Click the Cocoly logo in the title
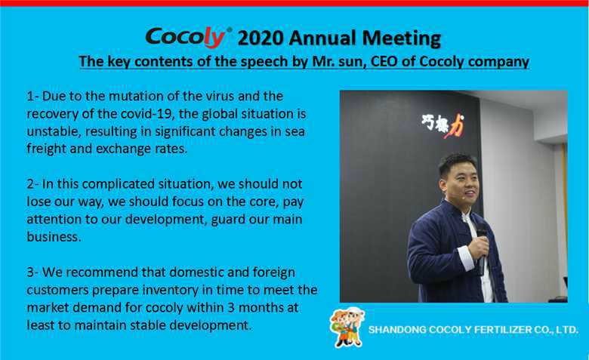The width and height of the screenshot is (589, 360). click(189, 37)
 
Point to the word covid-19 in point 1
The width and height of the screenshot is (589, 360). click(148, 114)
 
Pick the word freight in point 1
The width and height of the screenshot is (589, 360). click(47, 149)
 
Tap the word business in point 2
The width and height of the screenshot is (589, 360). click(54, 237)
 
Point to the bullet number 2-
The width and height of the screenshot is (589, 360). click(32, 184)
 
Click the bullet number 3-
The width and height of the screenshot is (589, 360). click(32, 272)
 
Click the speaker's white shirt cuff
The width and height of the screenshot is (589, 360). click(466, 257)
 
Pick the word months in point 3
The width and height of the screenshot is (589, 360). click(261, 307)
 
